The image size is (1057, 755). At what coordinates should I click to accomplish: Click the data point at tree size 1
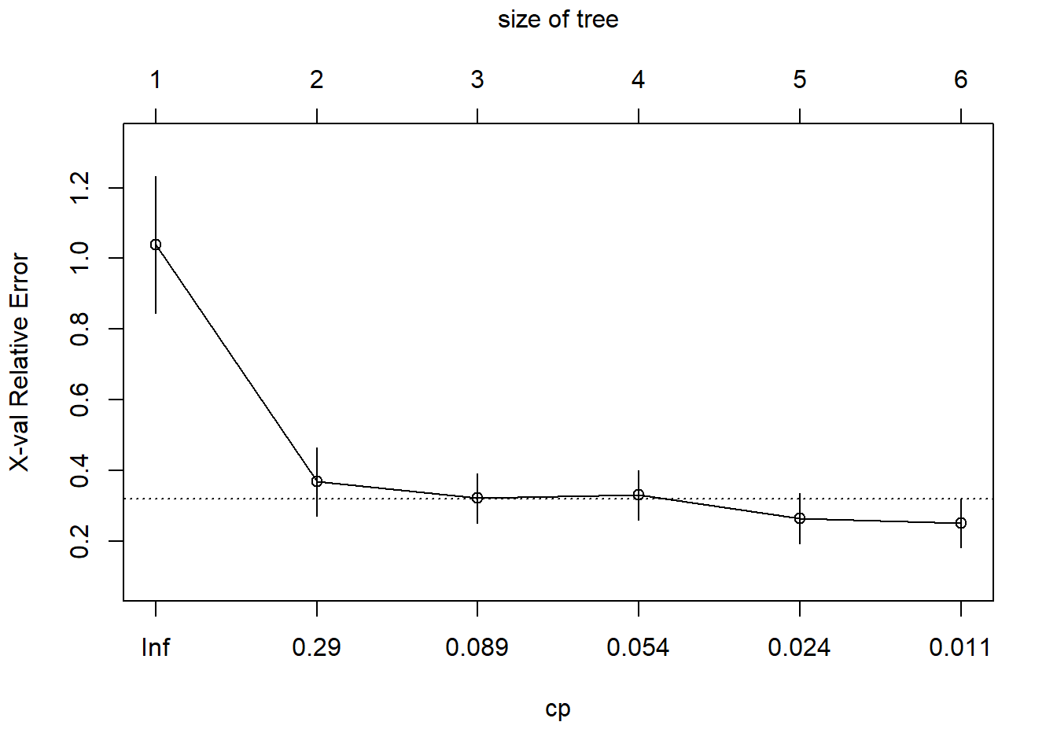point(156,245)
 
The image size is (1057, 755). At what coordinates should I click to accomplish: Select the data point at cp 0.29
point(317,481)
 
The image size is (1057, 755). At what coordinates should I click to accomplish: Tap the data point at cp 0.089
point(477,498)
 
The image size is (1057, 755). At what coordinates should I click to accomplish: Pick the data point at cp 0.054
point(639,495)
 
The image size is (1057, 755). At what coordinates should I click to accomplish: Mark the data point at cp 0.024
point(800,518)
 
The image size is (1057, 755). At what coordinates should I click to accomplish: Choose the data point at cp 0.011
point(961,523)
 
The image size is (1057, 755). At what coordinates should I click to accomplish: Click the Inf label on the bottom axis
point(156,647)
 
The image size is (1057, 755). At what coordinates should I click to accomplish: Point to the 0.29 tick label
point(317,647)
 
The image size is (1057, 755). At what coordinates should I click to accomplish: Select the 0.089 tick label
point(477,647)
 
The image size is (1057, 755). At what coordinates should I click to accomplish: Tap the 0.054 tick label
point(639,647)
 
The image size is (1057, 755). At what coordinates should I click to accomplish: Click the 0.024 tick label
point(800,647)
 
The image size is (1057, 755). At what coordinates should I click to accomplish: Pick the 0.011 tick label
point(960,647)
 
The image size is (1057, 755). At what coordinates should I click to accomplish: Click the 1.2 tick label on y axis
point(80,188)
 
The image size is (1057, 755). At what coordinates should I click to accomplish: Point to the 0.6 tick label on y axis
point(80,400)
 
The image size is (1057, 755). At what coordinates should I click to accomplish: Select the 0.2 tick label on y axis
point(80,541)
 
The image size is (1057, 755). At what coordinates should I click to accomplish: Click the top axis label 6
point(961,79)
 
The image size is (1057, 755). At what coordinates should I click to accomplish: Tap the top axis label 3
point(477,79)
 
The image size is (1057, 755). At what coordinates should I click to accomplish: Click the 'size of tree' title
point(558,20)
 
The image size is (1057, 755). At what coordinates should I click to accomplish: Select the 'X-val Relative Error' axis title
point(20,363)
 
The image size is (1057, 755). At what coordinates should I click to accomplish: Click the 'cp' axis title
point(558,709)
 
